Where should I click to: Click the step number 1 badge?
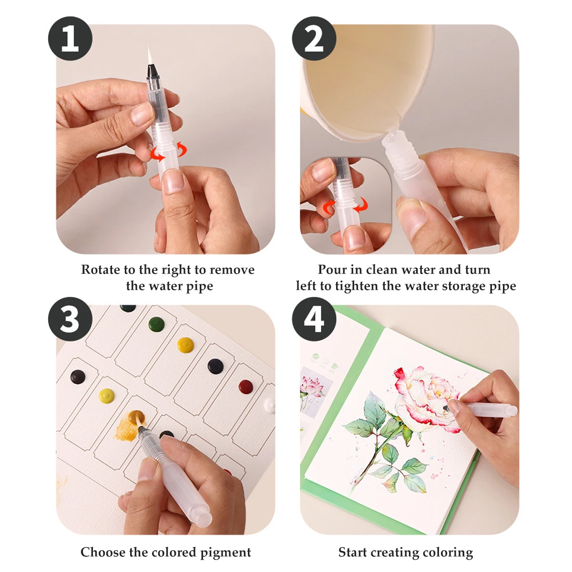[70, 39]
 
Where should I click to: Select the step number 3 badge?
[70, 319]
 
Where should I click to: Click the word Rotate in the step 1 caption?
[101, 270]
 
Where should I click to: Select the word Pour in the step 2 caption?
[332, 270]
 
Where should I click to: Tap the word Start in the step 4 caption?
[353, 552]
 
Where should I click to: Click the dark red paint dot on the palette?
[245, 386]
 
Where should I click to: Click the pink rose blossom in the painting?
[424, 394]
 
